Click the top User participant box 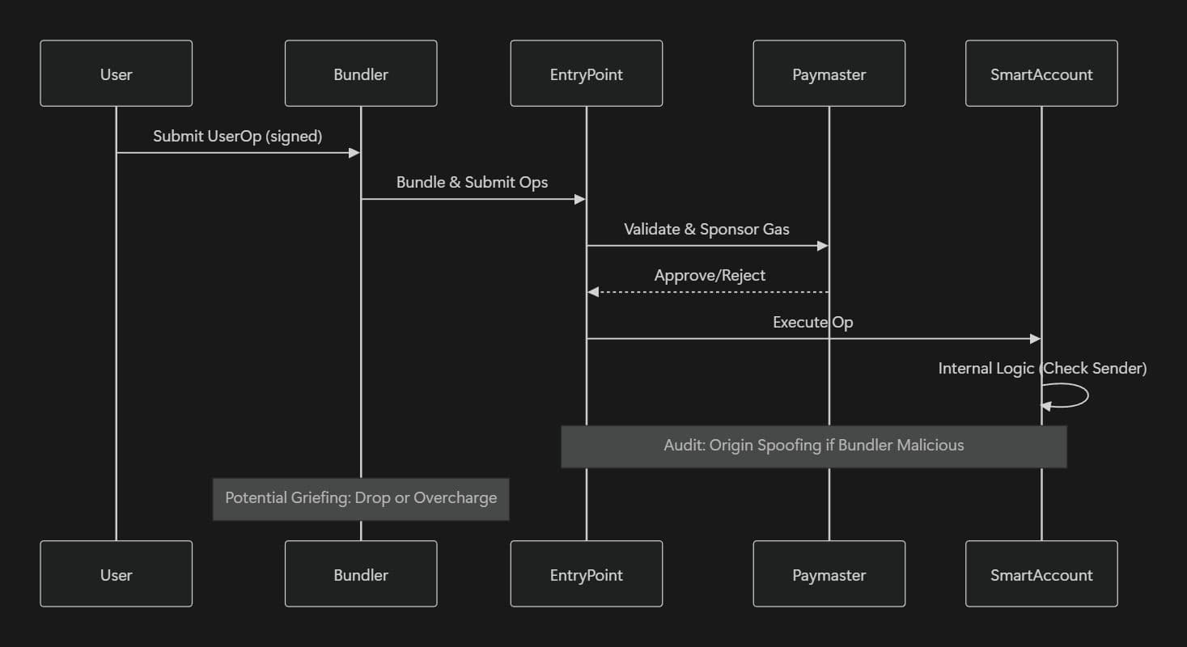click(x=116, y=74)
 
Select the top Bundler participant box click(x=361, y=74)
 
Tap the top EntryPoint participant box click(x=586, y=74)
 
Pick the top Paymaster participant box click(x=829, y=74)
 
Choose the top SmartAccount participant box click(x=1041, y=74)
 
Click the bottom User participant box click(x=116, y=574)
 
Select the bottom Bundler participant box click(x=361, y=574)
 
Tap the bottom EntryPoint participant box click(x=586, y=574)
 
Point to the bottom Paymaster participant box click(x=829, y=574)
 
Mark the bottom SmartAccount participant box click(x=1041, y=574)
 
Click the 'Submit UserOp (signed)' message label click(x=238, y=136)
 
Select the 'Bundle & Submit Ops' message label click(x=472, y=182)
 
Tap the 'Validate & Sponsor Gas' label click(x=706, y=229)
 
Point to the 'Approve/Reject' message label click(x=710, y=275)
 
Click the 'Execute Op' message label click(x=812, y=322)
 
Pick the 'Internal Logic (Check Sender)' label click(x=1042, y=368)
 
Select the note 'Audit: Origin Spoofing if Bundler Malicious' click(x=813, y=446)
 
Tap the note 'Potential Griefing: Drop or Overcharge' click(x=361, y=498)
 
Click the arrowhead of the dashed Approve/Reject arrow click(x=593, y=292)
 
